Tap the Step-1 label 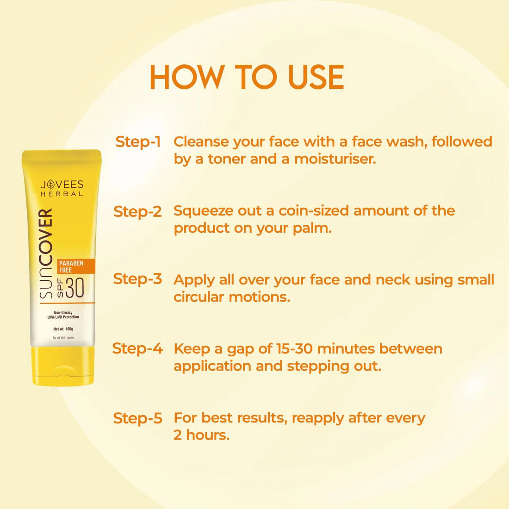(x=138, y=142)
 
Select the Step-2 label (x=137, y=211)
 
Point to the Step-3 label (x=137, y=279)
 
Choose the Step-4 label (x=137, y=348)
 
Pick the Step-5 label (x=137, y=418)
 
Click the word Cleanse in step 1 (x=201, y=142)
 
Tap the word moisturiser (x=335, y=159)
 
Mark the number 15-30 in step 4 (x=294, y=348)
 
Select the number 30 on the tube (x=75, y=288)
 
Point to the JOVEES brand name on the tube (x=62, y=184)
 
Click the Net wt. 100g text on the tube (x=63, y=329)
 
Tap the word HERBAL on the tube (x=62, y=194)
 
